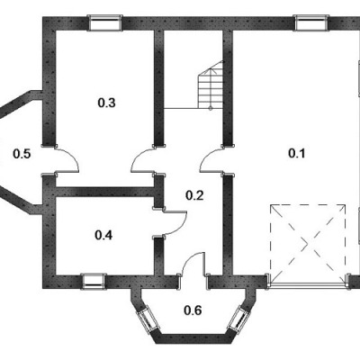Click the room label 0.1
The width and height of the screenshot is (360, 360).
point(296,153)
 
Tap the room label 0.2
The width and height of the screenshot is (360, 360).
point(194,195)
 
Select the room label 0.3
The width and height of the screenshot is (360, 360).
point(106,103)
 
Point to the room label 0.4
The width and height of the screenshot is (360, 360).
point(103,235)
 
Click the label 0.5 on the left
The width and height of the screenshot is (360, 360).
point(22,154)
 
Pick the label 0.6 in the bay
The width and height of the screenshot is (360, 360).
point(193,310)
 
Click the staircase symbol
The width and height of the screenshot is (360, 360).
point(211,85)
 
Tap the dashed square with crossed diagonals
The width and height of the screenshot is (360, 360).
point(308,244)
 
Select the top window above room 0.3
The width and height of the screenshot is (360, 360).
point(105,22)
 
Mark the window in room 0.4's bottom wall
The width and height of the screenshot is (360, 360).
point(94,281)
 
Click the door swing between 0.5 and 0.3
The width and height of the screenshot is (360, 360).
point(72,156)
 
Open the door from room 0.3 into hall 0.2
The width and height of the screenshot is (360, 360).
point(139,156)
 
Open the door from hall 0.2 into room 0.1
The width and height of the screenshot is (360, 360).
point(208,156)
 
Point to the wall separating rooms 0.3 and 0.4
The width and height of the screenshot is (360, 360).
point(105,192)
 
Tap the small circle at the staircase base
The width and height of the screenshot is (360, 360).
point(211,109)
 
